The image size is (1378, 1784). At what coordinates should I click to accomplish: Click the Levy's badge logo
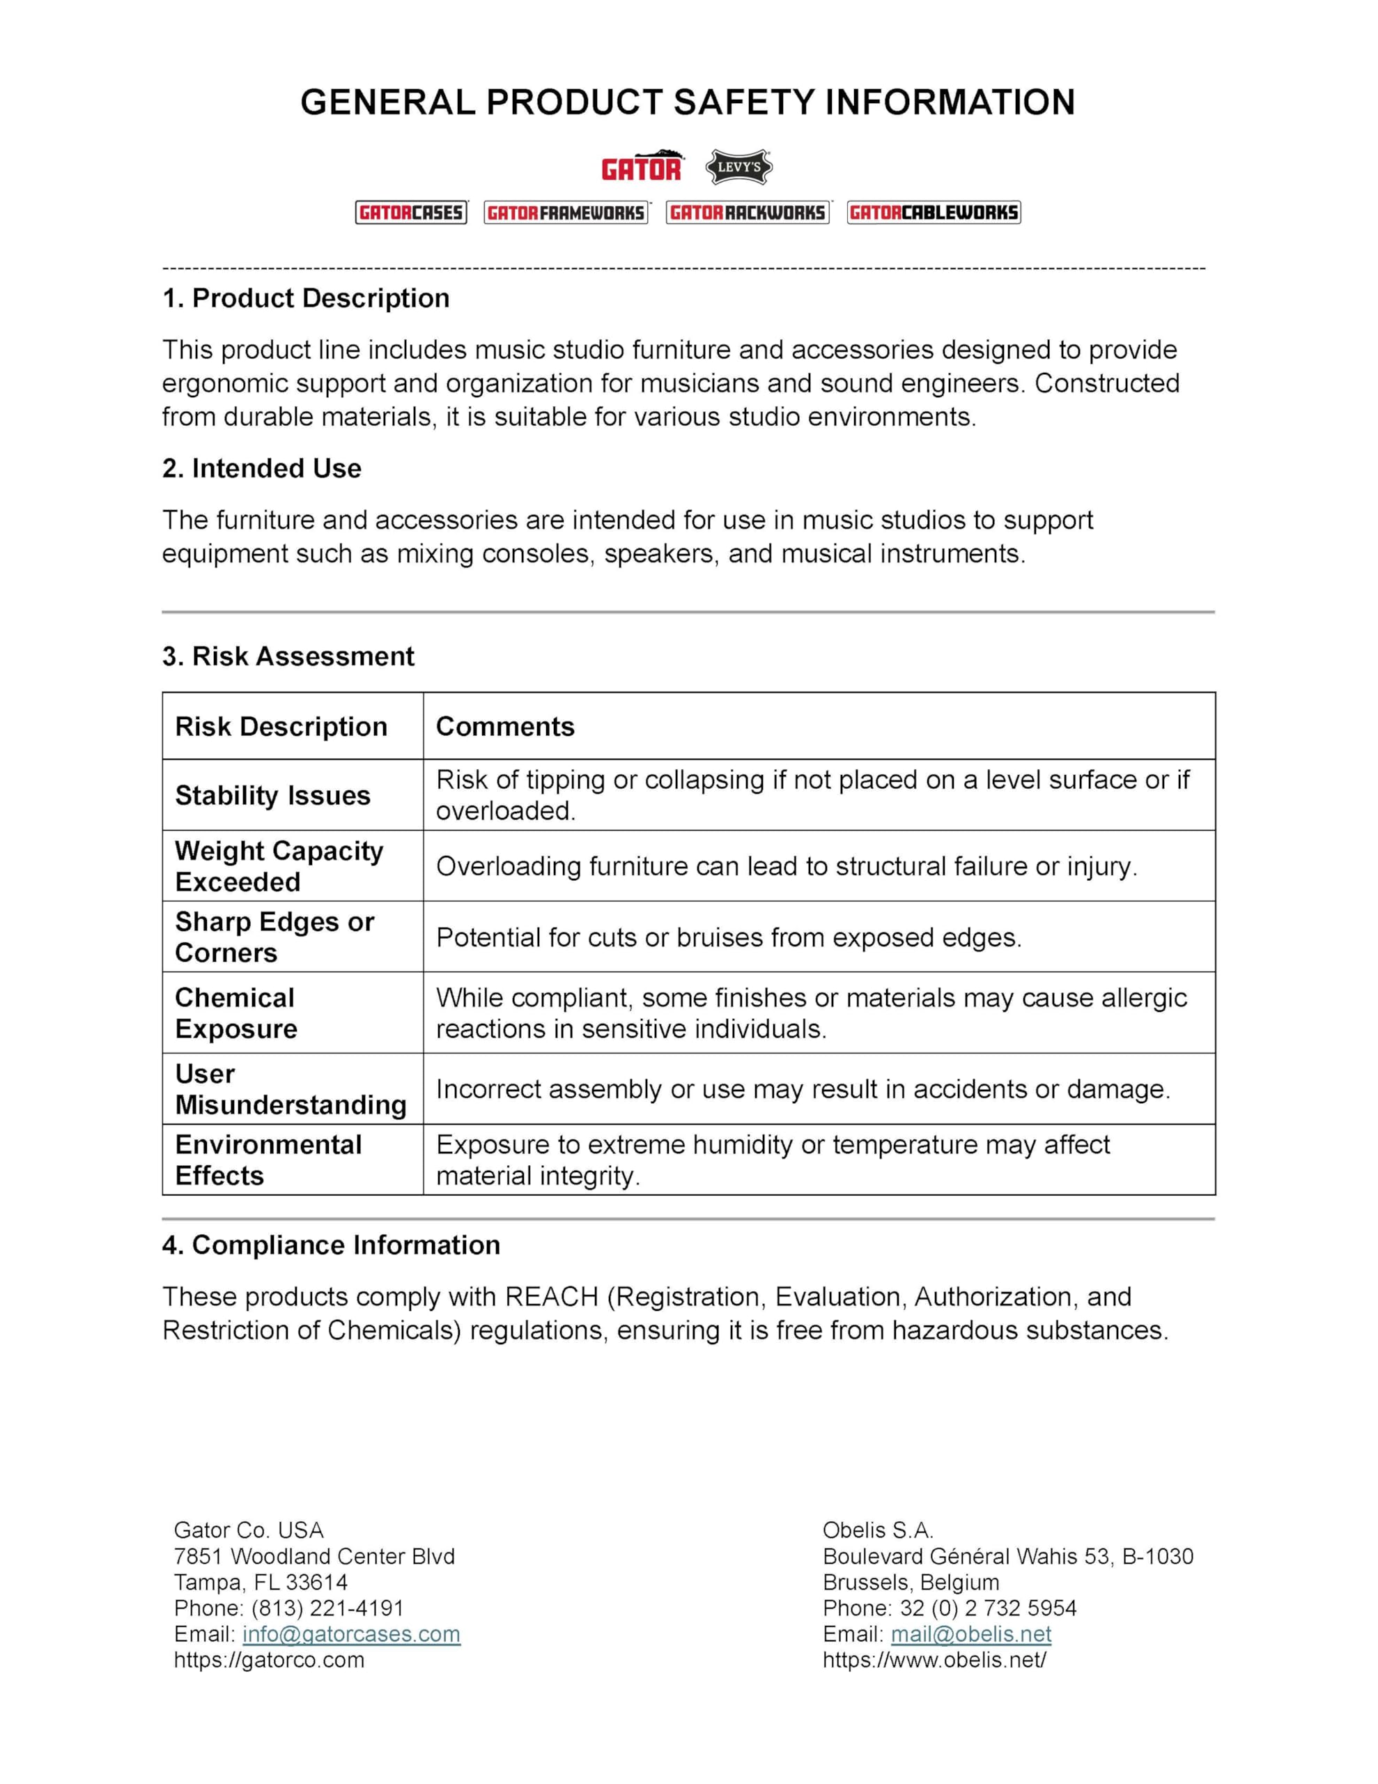(738, 167)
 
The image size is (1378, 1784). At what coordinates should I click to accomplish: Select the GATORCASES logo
(411, 213)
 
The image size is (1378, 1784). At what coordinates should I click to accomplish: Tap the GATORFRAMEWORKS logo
(566, 213)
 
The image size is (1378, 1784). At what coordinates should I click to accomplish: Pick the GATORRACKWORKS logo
(748, 213)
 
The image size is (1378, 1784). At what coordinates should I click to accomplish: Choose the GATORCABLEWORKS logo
(934, 213)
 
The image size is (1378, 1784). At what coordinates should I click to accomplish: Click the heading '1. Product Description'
(306, 298)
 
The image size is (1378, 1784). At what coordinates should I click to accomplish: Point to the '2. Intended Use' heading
(261, 468)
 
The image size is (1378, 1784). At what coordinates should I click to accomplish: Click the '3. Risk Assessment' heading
(288, 656)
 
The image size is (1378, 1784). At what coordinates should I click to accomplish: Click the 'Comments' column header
(505, 726)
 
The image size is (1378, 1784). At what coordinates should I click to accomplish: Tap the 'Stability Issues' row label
(272, 795)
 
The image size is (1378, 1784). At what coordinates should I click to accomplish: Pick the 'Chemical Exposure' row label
(235, 1013)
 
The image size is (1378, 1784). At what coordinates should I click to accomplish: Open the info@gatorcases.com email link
(351, 1633)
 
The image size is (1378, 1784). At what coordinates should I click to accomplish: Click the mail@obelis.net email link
(970, 1633)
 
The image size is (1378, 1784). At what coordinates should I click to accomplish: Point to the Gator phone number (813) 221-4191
(327, 1608)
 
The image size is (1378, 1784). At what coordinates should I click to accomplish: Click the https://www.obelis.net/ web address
(934, 1660)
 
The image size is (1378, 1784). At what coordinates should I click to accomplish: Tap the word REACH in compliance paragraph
(552, 1296)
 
